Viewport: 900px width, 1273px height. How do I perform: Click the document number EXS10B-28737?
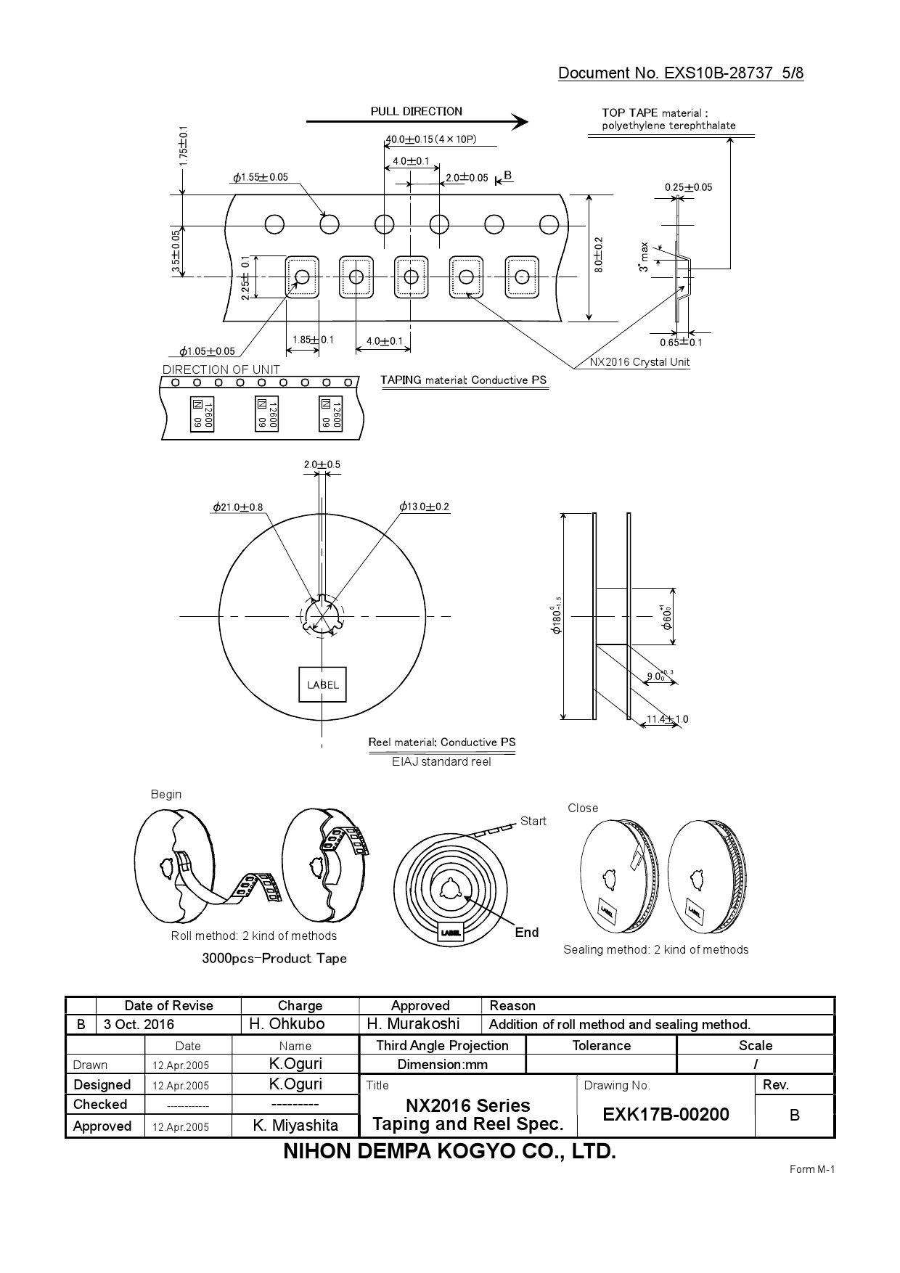click(x=719, y=73)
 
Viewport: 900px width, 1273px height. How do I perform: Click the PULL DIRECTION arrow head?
click(x=520, y=122)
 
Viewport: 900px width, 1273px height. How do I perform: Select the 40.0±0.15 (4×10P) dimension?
click(x=430, y=139)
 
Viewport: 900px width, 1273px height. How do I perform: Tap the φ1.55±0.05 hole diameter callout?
click(x=261, y=177)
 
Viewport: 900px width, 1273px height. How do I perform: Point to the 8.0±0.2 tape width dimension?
click(x=598, y=255)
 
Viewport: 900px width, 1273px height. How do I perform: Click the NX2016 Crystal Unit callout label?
click(x=639, y=362)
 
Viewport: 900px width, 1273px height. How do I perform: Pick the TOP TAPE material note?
click(x=668, y=119)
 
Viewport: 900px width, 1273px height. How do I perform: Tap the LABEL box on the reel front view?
click(x=323, y=684)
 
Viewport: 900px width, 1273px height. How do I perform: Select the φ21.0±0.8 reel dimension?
click(x=238, y=507)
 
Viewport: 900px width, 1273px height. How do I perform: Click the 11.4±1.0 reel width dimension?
click(x=667, y=719)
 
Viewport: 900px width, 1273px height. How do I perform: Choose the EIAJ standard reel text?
click(x=441, y=762)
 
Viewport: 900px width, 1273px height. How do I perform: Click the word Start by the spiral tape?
click(x=533, y=821)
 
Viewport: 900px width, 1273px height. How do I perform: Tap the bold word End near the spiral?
click(x=526, y=933)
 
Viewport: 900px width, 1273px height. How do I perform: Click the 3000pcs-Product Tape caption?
click(x=274, y=958)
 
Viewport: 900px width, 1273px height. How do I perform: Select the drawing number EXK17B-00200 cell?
click(x=665, y=1114)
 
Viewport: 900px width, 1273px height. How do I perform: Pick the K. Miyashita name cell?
click(x=295, y=1126)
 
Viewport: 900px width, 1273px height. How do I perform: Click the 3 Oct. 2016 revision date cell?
click(x=139, y=1024)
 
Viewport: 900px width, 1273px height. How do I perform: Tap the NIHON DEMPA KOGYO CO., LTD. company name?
click(x=449, y=1151)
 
